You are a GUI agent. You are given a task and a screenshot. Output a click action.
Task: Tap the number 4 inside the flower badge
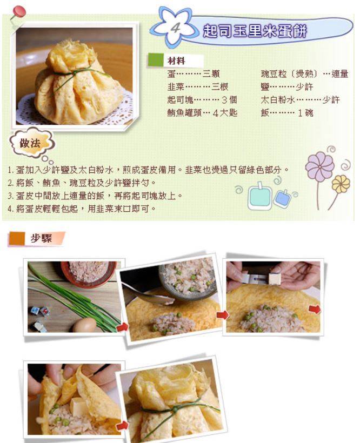[x=175, y=28]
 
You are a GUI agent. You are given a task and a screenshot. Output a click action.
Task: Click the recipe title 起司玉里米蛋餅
[x=255, y=31]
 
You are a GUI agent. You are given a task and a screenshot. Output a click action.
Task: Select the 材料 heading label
[x=176, y=61]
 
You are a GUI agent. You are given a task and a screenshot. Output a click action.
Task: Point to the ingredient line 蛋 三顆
[x=194, y=74]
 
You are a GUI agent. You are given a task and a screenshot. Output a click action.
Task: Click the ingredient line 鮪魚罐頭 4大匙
[x=202, y=113]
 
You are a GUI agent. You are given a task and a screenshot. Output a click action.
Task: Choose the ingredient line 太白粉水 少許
[x=301, y=100]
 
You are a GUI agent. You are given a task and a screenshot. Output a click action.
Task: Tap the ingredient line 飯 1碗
[x=287, y=113]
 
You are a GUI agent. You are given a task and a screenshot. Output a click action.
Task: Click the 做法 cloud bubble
[x=31, y=143]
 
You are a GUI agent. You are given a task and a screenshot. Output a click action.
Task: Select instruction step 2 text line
[x=82, y=183]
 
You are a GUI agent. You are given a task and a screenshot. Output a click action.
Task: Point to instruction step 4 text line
[x=82, y=209]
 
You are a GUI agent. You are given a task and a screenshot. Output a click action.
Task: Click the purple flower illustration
[x=320, y=166]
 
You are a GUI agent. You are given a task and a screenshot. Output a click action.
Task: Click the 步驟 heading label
[x=42, y=238]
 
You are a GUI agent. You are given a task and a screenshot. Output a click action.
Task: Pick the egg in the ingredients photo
[x=84, y=325]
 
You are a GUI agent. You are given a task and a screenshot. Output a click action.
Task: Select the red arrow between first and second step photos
[x=122, y=327]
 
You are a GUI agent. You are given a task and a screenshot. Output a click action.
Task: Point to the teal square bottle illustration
[x=259, y=196]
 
